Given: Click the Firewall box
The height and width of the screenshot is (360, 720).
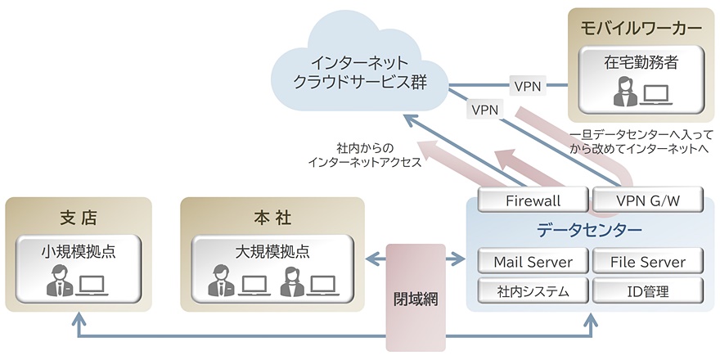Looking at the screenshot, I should (x=533, y=200).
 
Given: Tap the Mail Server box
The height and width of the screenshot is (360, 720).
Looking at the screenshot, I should (x=533, y=262).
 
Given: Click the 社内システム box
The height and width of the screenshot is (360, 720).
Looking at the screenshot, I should (x=533, y=290).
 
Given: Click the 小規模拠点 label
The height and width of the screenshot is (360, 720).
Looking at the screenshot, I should (x=79, y=250).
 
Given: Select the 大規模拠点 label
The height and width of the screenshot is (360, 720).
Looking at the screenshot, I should (x=272, y=250).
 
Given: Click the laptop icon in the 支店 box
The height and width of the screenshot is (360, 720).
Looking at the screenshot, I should (x=92, y=284).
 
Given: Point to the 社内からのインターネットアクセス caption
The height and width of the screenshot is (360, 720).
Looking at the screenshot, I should (x=364, y=155).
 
